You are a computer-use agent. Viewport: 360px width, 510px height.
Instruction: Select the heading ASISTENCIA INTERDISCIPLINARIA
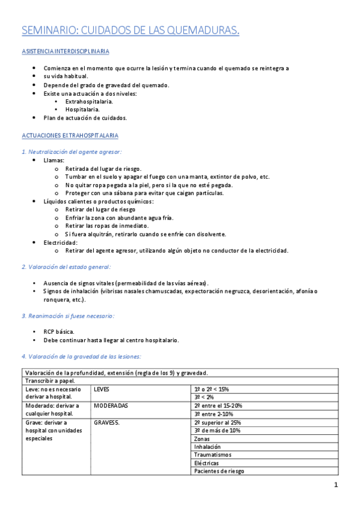click(x=65, y=52)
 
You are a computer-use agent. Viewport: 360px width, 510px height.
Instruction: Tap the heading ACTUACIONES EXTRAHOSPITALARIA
click(x=70, y=136)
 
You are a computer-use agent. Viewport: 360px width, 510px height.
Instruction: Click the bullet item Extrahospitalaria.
click(x=89, y=102)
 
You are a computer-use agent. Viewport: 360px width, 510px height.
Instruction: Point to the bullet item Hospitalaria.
click(x=82, y=109)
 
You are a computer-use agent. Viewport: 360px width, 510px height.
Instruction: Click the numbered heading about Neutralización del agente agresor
click(x=72, y=152)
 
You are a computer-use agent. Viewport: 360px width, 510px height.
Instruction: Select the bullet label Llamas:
click(x=54, y=161)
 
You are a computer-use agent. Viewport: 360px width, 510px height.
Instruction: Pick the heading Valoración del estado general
click(x=66, y=266)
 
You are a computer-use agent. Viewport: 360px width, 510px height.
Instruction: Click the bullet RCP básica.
click(x=59, y=331)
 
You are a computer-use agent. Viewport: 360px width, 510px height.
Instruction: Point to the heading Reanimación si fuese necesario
click(x=68, y=316)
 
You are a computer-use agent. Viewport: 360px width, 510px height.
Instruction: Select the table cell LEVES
click(x=102, y=389)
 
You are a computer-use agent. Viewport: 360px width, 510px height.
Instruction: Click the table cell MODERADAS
click(x=111, y=405)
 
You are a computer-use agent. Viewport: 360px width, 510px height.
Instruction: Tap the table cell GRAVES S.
click(x=106, y=422)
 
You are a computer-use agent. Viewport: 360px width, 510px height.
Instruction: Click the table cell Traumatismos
click(x=213, y=455)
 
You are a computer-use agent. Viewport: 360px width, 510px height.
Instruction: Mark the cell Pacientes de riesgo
click(x=219, y=471)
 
